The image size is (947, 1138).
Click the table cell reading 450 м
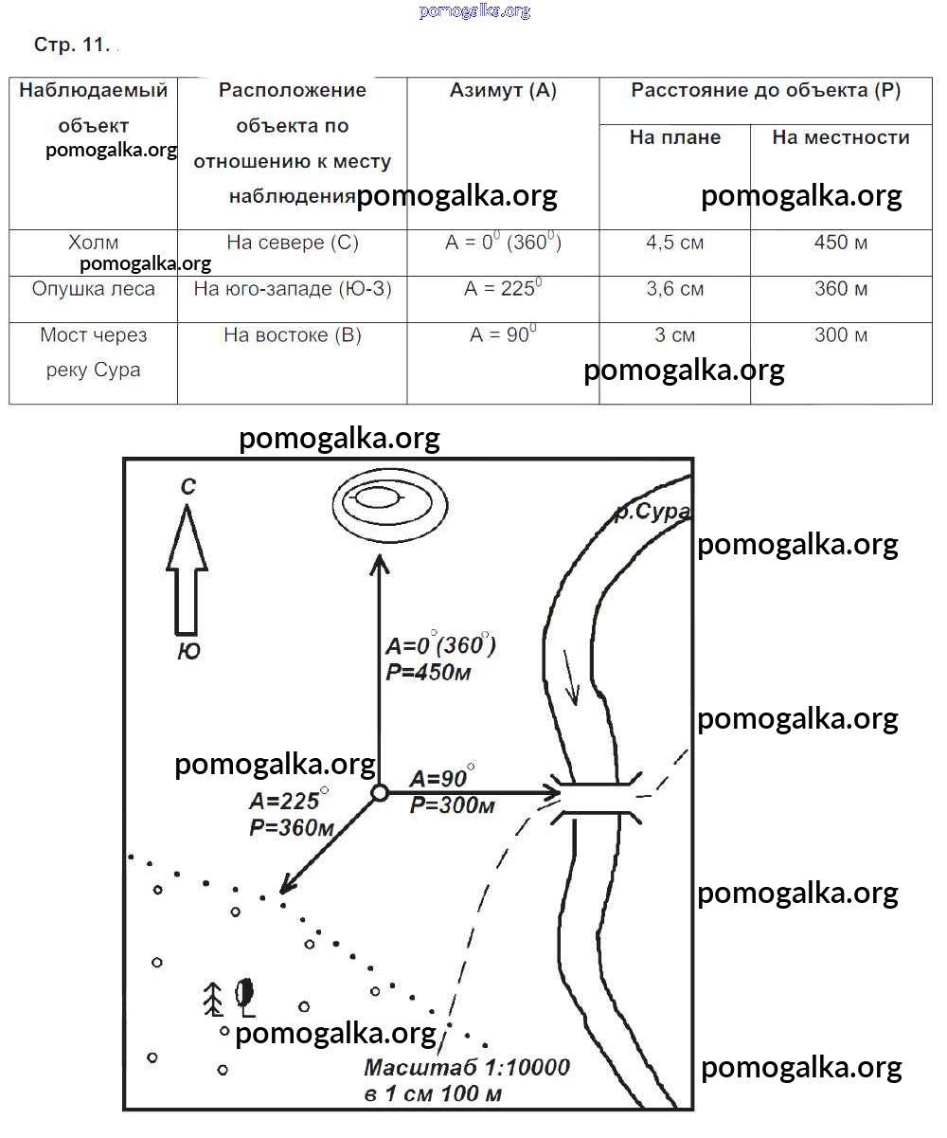(841, 243)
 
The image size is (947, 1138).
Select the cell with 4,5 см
(674, 243)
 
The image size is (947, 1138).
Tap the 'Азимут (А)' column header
(503, 91)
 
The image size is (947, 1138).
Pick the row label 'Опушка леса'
(93, 289)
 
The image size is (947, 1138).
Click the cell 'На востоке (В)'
(292, 335)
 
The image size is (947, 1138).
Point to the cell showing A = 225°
(503, 289)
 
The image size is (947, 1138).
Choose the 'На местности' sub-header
(841, 137)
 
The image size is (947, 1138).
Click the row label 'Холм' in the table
(94, 243)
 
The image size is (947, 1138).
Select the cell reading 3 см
(674, 335)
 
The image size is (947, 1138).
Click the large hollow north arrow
(187, 569)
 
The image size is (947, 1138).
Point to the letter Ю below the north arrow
(188, 652)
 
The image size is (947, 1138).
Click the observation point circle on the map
(379, 793)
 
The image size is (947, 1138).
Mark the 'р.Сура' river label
(652, 514)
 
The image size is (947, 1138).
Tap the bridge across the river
(597, 798)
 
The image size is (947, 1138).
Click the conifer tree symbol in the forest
(214, 998)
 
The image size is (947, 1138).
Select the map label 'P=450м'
(428, 673)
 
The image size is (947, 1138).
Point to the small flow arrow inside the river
(571, 678)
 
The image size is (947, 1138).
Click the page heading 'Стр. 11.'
(72, 45)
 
